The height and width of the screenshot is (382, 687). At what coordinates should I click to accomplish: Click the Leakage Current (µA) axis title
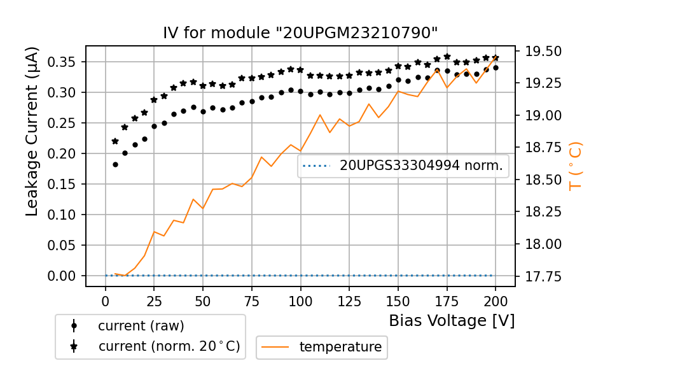click(x=32, y=131)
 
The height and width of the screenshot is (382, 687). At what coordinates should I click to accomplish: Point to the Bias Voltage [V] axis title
click(x=452, y=320)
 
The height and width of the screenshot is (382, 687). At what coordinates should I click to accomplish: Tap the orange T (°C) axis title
click(x=575, y=166)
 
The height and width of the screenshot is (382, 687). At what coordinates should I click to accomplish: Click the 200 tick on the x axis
click(x=496, y=301)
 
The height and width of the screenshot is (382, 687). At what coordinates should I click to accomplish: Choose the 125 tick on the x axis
click(x=349, y=301)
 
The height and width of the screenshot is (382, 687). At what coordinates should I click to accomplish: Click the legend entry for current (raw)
click(x=141, y=326)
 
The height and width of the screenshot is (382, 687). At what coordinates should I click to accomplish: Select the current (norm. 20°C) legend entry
click(x=169, y=346)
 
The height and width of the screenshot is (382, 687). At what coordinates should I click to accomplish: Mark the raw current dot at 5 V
click(x=115, y=164)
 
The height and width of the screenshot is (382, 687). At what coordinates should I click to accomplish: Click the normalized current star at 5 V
click(x=115, y=141)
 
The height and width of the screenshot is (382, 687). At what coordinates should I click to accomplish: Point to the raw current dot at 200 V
click(x=496, y=67)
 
